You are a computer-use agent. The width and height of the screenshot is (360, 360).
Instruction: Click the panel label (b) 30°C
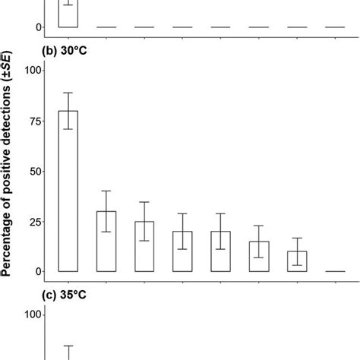[71, 52]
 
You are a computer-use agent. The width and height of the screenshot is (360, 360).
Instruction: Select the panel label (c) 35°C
[71, 296]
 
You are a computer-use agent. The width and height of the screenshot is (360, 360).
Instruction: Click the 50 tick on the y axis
[35, 171]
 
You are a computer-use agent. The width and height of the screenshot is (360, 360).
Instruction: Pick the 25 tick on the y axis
[35, 221]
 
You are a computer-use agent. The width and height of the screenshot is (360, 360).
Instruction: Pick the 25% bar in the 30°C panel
[144, 247]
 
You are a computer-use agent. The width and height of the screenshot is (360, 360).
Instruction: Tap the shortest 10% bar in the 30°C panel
[296, 261]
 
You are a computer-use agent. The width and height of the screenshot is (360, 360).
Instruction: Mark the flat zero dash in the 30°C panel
[334, 271]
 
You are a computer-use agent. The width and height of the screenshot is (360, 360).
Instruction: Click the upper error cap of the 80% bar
[68, 93]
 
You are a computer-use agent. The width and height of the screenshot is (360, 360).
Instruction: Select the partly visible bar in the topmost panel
[68, 17]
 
